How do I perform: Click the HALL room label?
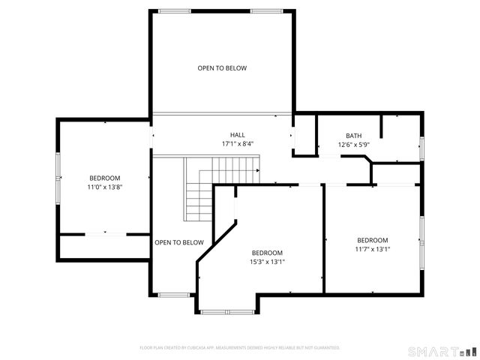(x=237, y=135)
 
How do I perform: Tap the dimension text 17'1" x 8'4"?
(x=237, y=144)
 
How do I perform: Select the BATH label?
(x=354, y=136)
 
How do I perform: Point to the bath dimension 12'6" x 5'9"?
(x=354, y=144)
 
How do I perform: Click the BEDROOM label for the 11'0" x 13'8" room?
(x=104, y=178)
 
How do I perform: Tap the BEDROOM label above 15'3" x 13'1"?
(x=267, y=253)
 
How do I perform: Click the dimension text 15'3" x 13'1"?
(x=267, y=262)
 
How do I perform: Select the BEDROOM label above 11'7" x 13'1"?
(x=372, y=240)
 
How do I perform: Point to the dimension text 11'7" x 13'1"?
(x=372, y=249)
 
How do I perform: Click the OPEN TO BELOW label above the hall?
(x=222, y=68)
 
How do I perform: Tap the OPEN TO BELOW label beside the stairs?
(x=179, y=242)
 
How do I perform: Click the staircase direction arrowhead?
(x=258, y=171)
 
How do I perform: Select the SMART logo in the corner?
(x=442, y=351)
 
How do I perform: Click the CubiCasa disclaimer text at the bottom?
(x=240, y=348)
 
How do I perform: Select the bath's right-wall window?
(x=421, y=148)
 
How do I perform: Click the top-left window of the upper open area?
(x=174, y=10)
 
